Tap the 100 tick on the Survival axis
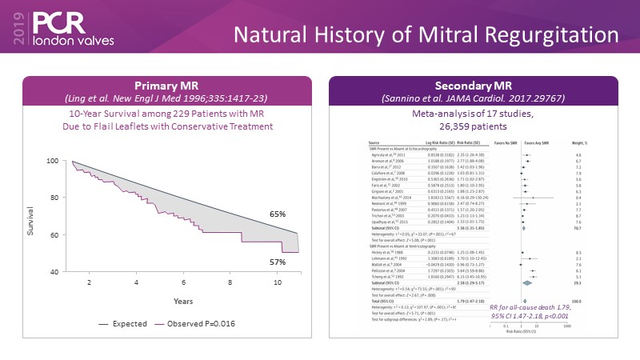[54, 161]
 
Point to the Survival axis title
[32, 226]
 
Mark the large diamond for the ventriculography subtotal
[527, 282]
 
